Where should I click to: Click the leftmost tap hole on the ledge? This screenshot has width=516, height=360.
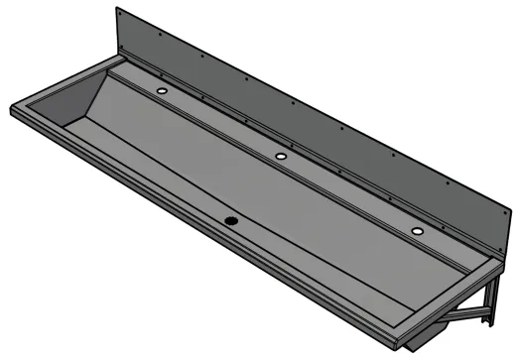click(x=162, y=91)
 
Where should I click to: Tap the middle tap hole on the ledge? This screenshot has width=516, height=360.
click(x=281, y=158)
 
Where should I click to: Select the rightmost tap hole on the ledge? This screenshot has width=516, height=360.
click(x=418, y=231)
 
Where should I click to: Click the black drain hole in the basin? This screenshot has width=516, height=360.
click(x=231, y=220)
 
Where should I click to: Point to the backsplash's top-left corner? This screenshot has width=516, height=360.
click(x=117, y=9)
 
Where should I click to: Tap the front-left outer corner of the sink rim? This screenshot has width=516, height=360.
click(x=12, y=106)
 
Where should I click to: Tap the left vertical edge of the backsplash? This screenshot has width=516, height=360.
click(x=117, y=35)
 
